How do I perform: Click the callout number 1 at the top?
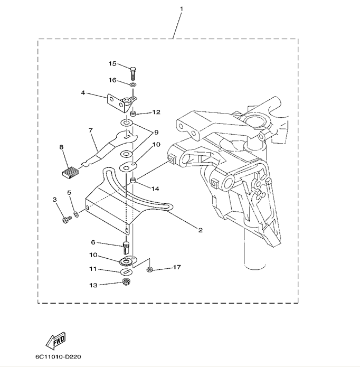click(x=182, y=9)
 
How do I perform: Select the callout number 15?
click(x=112, y=64)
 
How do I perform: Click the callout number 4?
click(x=83, y=93)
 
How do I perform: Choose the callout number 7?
click(x=90, y=129)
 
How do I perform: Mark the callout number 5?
click(x=69, y=193)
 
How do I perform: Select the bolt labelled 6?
click(x=126, y=246)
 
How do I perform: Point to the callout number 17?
click(x=176, y=268)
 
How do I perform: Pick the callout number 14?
click(x=155, y=188)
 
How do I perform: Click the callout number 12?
click(x=156, y=112)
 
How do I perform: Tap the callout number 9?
click(x=156, y=131)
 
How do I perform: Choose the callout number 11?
click(x=93, y=269)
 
